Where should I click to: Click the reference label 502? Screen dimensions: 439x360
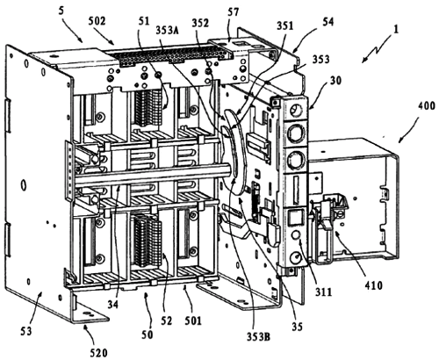tap(97, 21)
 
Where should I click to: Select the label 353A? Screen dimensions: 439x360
tap(168, 30)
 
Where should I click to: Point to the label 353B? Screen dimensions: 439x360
tap(258, 337)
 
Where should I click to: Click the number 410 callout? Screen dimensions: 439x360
tap(373, 285)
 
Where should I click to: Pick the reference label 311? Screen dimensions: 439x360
tap(324, 292)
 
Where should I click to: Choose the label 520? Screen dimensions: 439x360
tap(98, 353)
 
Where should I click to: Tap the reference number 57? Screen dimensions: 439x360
tap(234, 12)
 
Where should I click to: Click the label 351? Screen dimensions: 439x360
tap(285, 25)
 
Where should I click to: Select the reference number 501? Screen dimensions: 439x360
tap(193, 320)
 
